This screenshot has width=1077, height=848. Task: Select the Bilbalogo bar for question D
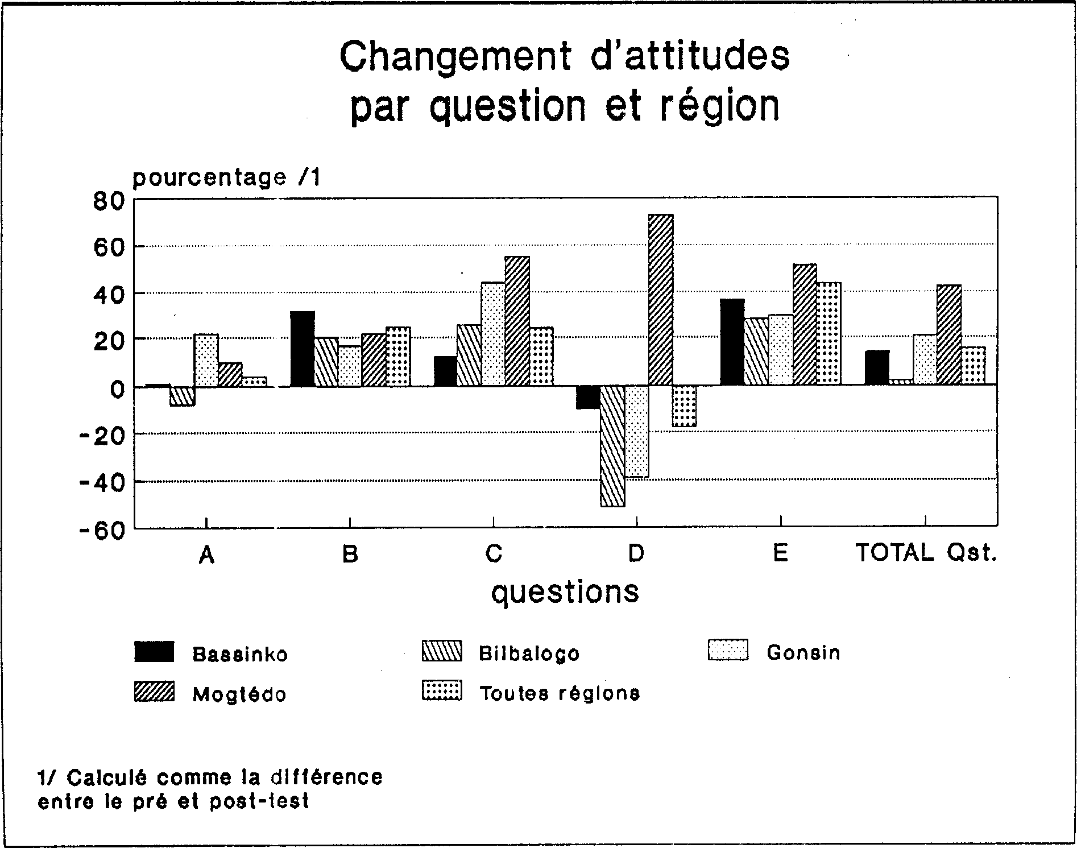click(x=612, y=446)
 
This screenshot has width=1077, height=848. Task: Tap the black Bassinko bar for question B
click(x=303, y=349)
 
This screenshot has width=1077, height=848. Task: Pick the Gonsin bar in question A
click(x=206, y=361)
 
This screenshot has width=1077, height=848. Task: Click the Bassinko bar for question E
click(x=732, y=342)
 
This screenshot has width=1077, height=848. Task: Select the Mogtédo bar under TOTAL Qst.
click(x=949, y=336)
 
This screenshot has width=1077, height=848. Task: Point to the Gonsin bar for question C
click(x=493, y=334)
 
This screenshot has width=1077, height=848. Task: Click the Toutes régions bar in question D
click(x=685, y=406)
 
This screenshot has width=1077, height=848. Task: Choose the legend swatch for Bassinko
click(x=155, y=652)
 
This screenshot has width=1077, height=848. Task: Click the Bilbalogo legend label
click(x=529, y=653)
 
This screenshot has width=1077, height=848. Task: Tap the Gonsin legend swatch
click(x=728, y=651)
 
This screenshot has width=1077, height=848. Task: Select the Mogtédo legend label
click(x=239, y=694)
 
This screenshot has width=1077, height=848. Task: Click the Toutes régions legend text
click(x=560, y=693)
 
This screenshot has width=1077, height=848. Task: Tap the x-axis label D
click(x=636, y=553)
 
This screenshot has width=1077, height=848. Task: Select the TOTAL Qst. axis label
click(x=926, y=553)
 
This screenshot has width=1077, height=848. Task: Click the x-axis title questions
click(x=565, y=593)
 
